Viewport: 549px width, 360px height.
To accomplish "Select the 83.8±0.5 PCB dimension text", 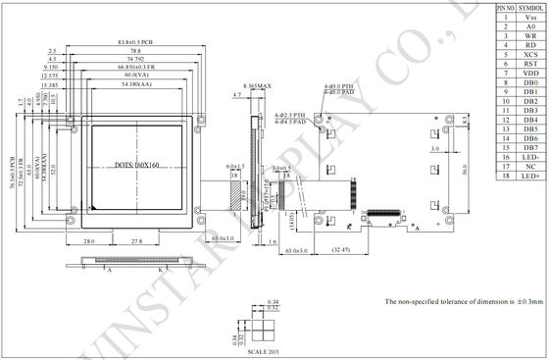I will point(129,43).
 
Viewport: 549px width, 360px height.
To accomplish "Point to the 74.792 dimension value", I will point(129,59).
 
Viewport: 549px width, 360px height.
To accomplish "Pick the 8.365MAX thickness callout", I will point(258,88).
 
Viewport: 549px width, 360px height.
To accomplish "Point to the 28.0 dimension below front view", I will point(88,239).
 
